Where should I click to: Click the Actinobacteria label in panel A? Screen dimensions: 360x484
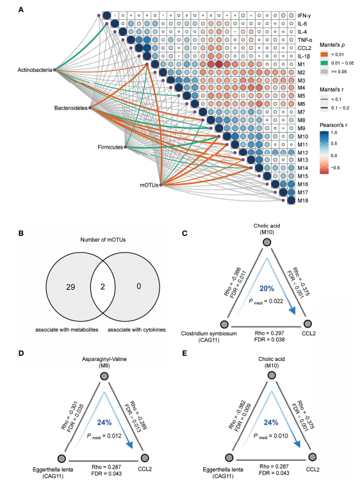35,70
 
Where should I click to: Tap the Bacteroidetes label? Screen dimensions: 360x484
71,108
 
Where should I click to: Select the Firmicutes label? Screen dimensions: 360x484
110,147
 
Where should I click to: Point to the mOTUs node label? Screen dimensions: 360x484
149,185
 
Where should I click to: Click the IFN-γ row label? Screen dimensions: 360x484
304,15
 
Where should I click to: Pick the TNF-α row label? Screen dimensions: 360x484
305,40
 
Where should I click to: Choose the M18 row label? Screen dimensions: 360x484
302,201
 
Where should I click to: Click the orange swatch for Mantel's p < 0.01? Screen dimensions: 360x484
324,54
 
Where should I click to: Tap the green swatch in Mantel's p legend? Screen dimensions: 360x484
324,63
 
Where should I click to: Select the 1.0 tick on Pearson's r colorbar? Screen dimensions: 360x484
334,133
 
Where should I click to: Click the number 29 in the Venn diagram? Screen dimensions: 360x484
70,287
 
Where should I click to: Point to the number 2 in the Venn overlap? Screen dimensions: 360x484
102,287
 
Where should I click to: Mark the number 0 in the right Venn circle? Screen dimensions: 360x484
139,287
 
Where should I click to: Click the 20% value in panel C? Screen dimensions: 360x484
267,288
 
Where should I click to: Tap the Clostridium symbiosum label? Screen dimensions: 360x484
209,333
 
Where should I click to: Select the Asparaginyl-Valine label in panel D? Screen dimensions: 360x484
104,359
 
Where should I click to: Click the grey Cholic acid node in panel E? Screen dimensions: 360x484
272,376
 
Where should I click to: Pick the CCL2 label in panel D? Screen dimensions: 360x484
145,469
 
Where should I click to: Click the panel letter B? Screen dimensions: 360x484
21,233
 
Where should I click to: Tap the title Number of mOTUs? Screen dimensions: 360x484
103,240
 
